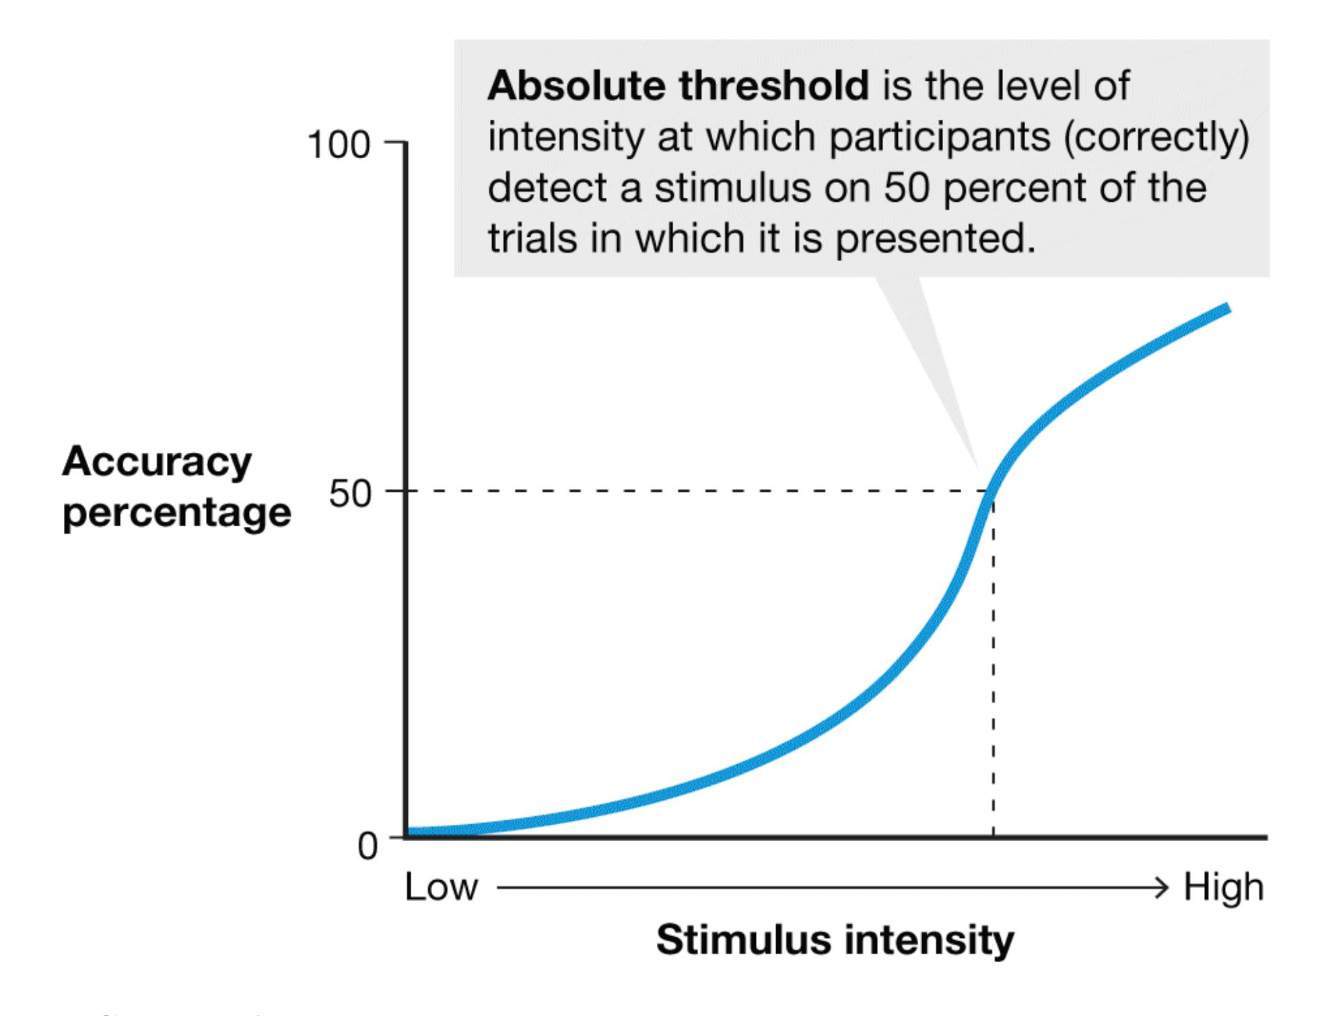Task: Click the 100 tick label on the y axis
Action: [x=338, y=145]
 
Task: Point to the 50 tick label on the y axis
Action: [x=350, y=495]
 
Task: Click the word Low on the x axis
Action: [x=441, y=887]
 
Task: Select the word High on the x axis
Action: [x=1223, y=887]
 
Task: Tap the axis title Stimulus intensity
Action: [x=835, y=939]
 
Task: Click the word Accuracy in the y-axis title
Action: [x=157, y=462]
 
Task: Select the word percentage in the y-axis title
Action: [x=176, y=513]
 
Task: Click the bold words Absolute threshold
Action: [x=678, y=86]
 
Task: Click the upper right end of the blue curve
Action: [x=1226, y=308]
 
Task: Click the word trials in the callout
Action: [x=532, y=238]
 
